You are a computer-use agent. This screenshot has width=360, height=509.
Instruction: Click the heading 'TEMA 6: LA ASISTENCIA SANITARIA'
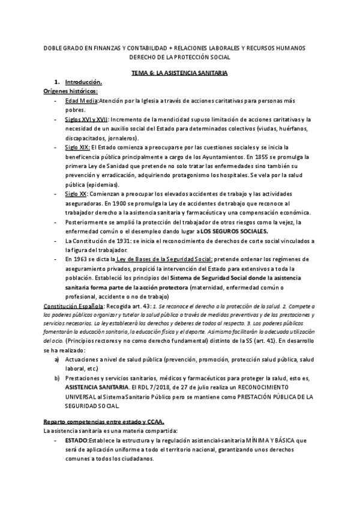(x=179, y=72)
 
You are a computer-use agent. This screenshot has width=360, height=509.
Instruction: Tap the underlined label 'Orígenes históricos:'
(x=66, y=90)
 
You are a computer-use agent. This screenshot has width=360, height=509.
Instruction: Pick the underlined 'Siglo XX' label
(x=76, y=194)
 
